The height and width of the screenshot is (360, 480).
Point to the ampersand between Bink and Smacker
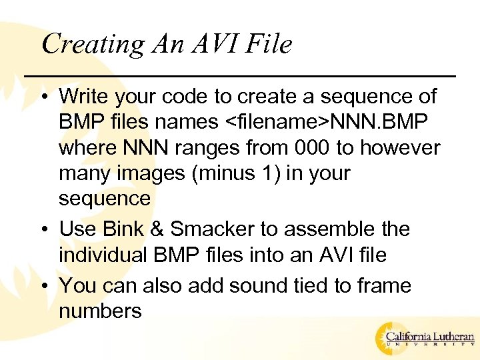(x=159, y=229)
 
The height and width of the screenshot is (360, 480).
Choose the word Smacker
(x=212, y=229)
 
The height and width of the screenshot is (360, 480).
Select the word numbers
(x=100, y=311)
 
